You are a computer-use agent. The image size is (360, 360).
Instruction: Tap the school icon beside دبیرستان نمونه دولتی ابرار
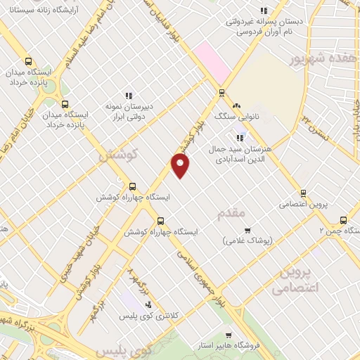click(129, 95)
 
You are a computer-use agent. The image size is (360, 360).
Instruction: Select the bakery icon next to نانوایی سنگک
click(238, 104)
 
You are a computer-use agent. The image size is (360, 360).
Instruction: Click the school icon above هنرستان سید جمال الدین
click(240, 138)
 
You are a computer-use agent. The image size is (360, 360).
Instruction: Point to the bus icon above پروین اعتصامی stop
click(303, 193)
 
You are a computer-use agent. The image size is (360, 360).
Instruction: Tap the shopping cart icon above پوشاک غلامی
click(247, 230)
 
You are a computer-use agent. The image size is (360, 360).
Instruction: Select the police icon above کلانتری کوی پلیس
click(148, 304)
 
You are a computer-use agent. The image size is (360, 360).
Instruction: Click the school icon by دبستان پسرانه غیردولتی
click(264, 11)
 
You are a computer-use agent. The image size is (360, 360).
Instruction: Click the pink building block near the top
click(214, 59)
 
